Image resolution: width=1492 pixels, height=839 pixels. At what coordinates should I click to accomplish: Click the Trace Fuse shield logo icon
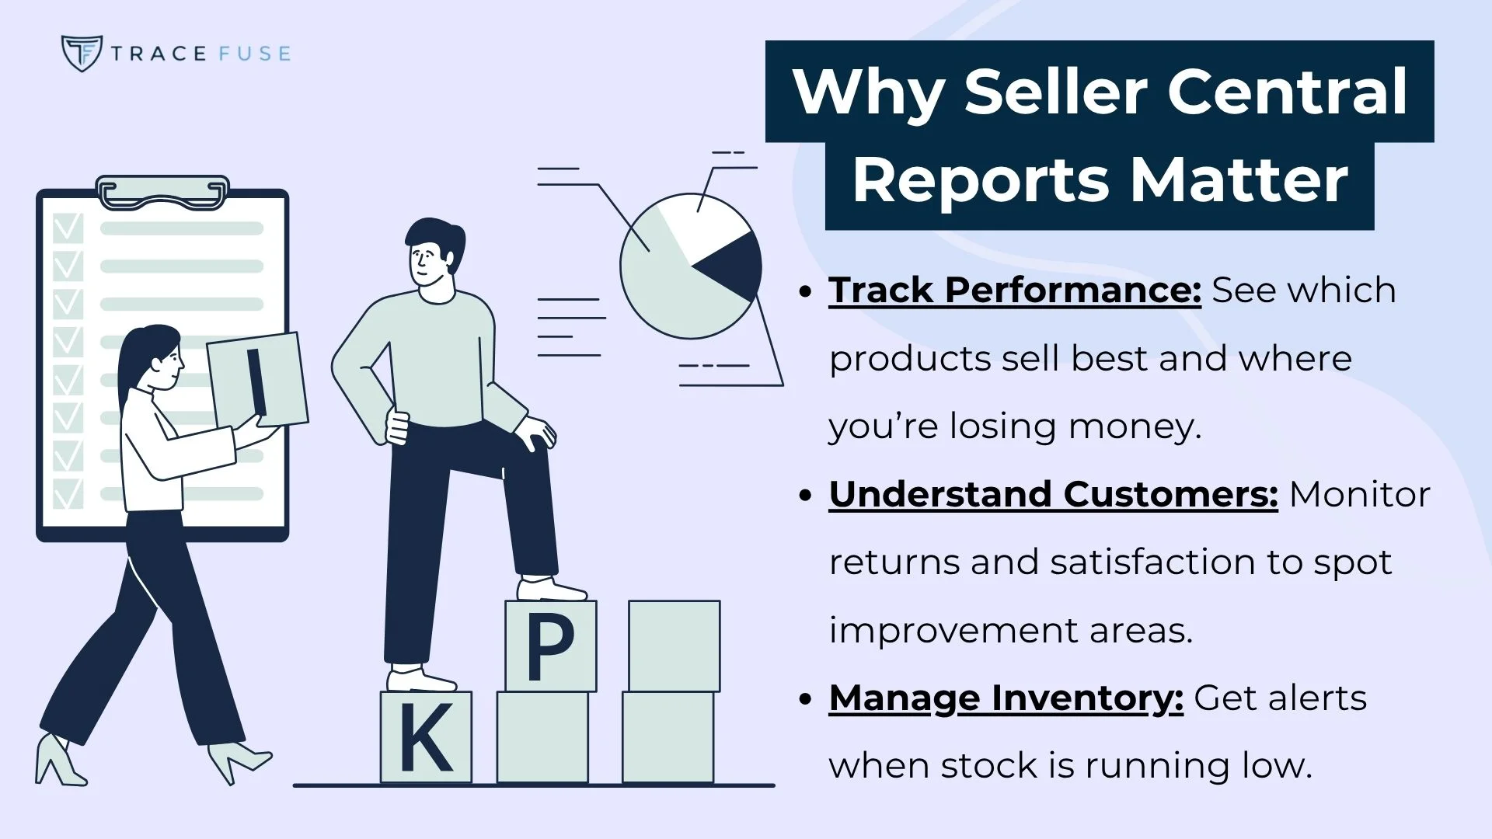(81, 53)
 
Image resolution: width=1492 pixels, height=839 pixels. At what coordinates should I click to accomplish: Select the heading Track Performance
(1014, 290)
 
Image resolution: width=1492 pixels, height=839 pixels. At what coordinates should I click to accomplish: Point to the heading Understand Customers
(1053, 494)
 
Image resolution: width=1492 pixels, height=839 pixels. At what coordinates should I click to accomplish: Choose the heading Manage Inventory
(1006, 698)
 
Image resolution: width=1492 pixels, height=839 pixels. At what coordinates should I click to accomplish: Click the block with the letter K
(426, 736)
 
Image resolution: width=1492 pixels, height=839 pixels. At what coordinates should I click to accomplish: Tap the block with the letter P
(550, 646)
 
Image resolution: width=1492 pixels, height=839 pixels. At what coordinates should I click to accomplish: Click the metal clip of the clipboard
(162, 192)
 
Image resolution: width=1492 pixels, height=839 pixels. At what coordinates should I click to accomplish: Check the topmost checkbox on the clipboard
(68, 228)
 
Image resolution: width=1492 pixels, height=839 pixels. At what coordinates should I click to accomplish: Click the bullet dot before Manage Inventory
(805, 698)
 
